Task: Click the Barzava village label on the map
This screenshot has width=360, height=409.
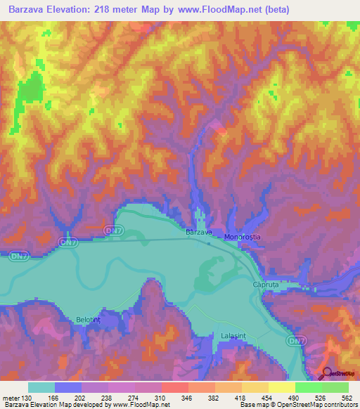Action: click(199, 232)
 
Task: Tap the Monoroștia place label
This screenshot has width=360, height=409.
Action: click(243, 238)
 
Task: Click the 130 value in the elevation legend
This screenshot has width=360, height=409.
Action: click(26, 397)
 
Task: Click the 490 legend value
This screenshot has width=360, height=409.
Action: click(296, 397)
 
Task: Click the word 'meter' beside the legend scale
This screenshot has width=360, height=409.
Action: click(10, 397)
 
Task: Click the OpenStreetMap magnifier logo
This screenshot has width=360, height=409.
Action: click(328, 372)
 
